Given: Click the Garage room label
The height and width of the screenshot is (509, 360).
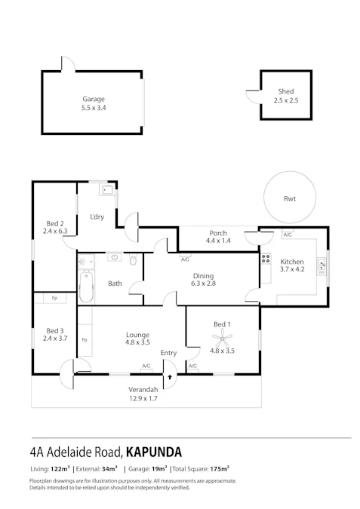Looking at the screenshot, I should pyautogui.click(x=94, y=99).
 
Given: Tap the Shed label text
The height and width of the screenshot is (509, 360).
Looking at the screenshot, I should pyautogui.click(x=285, y=91).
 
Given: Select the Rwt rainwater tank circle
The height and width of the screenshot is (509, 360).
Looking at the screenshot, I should pyautogui.click(x=290, y=199).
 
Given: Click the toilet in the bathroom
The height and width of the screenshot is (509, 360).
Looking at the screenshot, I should pyautogui.click(x=133, y=261).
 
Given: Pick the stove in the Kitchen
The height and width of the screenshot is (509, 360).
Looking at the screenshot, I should pyautogui.click(x=266, y=262).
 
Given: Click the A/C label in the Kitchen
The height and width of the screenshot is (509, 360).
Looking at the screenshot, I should pyautogui.click(x=288, y=235).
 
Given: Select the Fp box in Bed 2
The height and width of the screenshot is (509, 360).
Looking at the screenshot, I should pyautogui.click(x=54, y=299).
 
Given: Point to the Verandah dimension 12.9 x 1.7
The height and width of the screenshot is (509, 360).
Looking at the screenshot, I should pyautogui.click(x=143, y=399).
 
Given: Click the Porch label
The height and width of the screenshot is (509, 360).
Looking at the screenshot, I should pyautogui.click(x=217, y=233).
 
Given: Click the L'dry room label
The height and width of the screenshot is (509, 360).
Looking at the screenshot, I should pyautogui.click(x=97, y=217).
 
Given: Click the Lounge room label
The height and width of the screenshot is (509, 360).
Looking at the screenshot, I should pyautogui.click(x=137, y=335).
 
